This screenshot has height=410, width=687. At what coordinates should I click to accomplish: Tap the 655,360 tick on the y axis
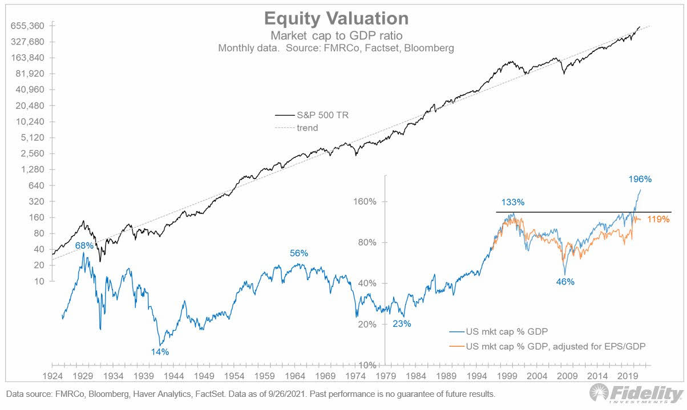(x=29, y=26)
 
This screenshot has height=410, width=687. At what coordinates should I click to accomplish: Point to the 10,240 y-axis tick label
(x=32, y=122)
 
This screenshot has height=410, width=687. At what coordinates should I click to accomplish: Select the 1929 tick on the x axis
(x=83, y=376)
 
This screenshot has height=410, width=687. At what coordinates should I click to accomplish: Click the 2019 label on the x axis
(x=628, y=376)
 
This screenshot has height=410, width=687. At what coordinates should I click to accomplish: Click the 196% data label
(x=640, y=179)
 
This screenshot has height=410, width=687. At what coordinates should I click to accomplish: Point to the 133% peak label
(x=513, y=202)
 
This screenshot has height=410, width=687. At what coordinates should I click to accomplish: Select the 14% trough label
(x=160, y=352)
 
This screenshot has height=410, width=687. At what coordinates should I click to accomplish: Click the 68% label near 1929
(x=84, y=245)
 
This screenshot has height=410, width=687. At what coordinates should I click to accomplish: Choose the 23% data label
(x=401, y=323)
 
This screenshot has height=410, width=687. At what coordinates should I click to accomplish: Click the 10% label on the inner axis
(x=369, y=365)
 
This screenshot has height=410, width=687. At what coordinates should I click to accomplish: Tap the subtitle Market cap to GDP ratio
(x=336, y=36)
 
